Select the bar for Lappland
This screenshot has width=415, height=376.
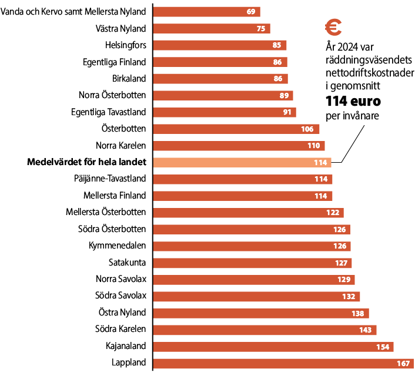coord(282,363)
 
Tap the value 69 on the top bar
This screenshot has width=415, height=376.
coord(251,11)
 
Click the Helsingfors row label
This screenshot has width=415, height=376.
coord(125,45)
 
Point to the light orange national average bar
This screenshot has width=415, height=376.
coord(241,162)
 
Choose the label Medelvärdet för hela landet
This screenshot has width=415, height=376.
coord(87,162)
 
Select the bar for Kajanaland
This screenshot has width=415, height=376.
coord(273,347)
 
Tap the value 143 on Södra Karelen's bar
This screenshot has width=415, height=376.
coord(366,330)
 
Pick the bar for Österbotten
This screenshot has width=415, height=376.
coord(235,129)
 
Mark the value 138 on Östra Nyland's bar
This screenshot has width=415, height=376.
coord(358,313)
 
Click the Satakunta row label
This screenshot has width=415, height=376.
coord(127,262)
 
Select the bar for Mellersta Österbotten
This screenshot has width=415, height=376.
coord(247,212)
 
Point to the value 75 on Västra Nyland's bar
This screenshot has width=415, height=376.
coord(261,28)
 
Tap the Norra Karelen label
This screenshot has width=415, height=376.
coord(121,145)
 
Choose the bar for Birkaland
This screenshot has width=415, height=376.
coord(220,78)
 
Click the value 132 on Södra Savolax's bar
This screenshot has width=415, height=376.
coord(349,296)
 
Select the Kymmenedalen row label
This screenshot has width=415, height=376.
coord(118,246)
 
